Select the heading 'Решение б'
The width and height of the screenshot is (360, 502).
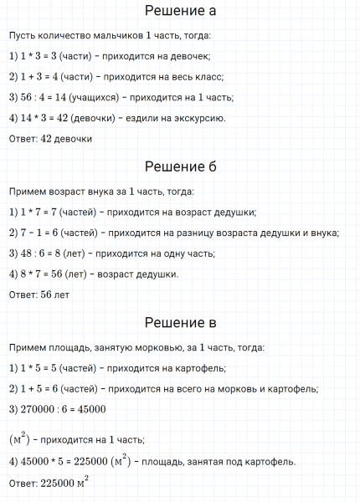pyautogui.click(x=180, y=166)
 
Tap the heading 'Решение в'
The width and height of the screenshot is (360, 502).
pyautogui.click(x=180, y=322)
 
